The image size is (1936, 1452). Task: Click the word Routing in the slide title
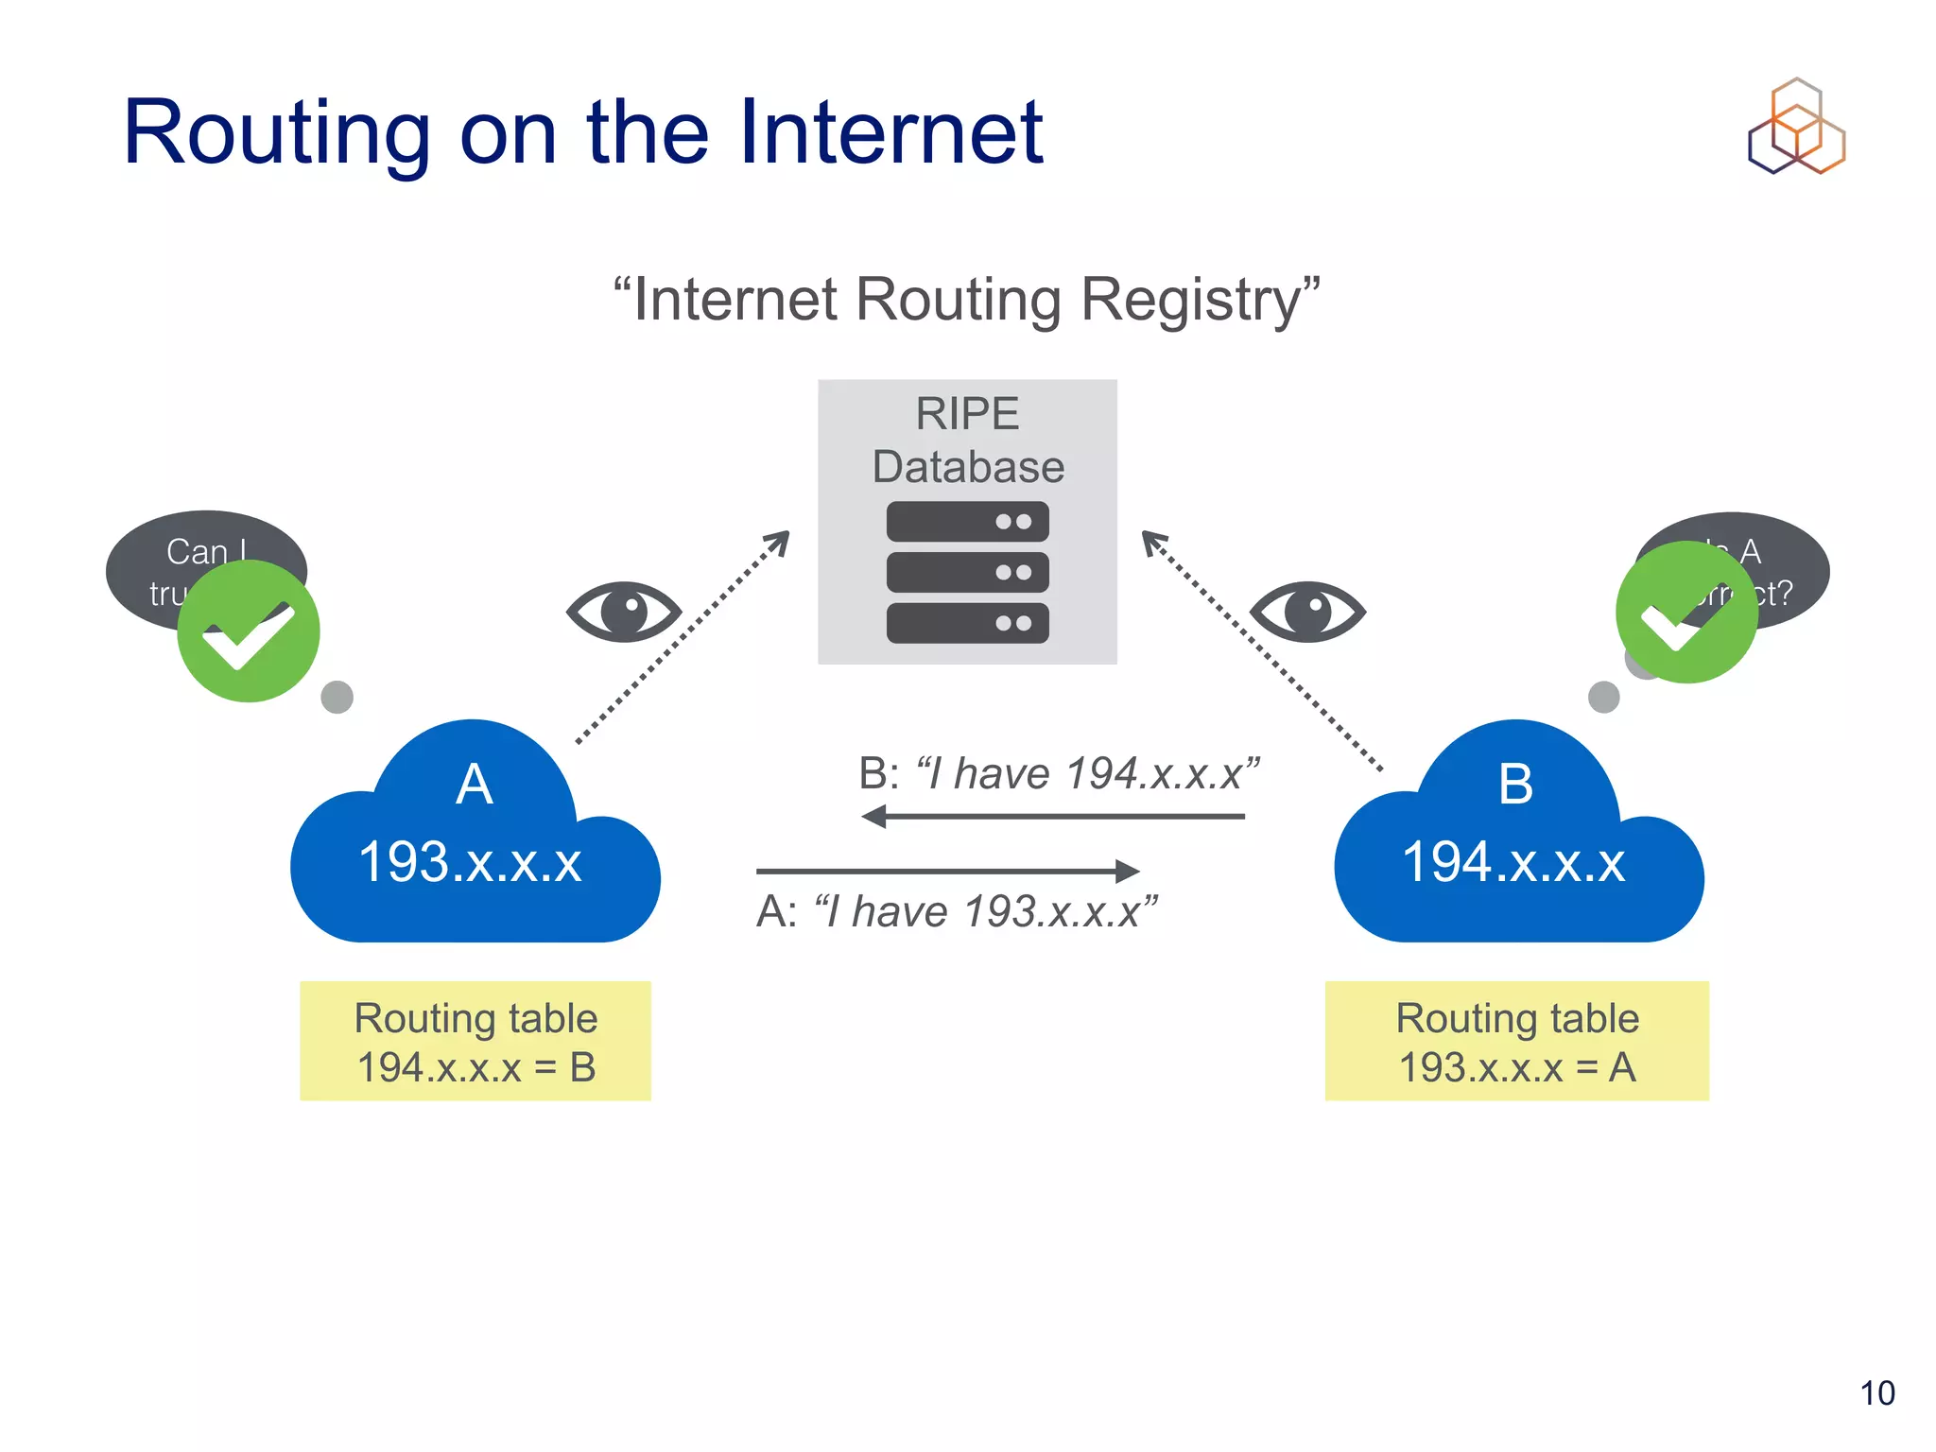click(277, 134)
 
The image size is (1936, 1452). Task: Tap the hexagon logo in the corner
click(1796, 127)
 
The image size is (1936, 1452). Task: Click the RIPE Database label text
click(968, 441)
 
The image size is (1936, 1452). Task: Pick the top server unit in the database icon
click(967, 522)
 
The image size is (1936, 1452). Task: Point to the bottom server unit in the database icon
click(967, 623)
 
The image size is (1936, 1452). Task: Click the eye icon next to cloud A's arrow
click(624, 612)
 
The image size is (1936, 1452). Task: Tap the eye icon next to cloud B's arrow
click(1307, 612)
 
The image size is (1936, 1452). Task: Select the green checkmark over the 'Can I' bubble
click(249, 631)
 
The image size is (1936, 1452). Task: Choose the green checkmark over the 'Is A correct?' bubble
click(1687, 613)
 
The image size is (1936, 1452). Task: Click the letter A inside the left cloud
click(474, 785)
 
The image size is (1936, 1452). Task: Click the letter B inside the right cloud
click(1516, 785)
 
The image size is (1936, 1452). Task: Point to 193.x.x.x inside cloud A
click(470, 863)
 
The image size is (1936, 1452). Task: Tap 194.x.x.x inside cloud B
click(1513, 863)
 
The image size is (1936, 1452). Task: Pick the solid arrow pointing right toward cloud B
click(948, 871)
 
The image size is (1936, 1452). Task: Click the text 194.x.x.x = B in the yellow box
click(476, 1068)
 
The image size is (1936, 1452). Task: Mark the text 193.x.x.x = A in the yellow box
click(1517, 1068)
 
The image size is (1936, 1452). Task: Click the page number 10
click(1877, 1393)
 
